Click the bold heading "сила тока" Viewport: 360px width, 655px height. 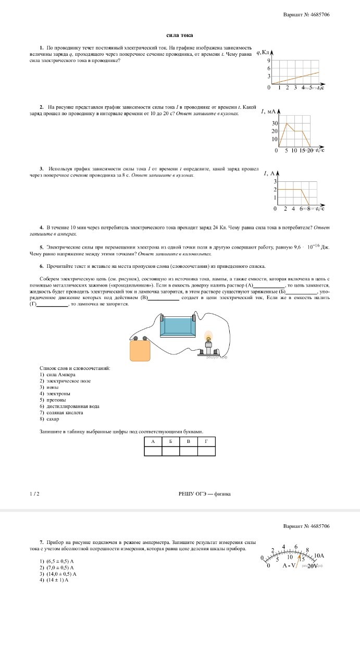point(180,35)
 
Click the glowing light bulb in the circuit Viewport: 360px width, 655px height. point(209,337)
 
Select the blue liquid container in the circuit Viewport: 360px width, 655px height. point(178,327)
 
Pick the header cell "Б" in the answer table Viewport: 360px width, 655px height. point(171,442)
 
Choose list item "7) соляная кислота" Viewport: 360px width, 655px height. point(61,412)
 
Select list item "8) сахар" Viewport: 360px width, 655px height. point(49,418)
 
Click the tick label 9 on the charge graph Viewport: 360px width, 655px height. point(269,61)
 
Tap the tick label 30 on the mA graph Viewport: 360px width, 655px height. point(274,123)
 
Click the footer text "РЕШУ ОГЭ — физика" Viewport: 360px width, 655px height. point(204,493)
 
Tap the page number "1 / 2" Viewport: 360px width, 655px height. point(35,493)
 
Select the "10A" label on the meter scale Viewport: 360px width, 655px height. point(319,556)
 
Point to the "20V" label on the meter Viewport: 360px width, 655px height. point(313,566)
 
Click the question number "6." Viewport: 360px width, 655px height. point(42,266)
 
